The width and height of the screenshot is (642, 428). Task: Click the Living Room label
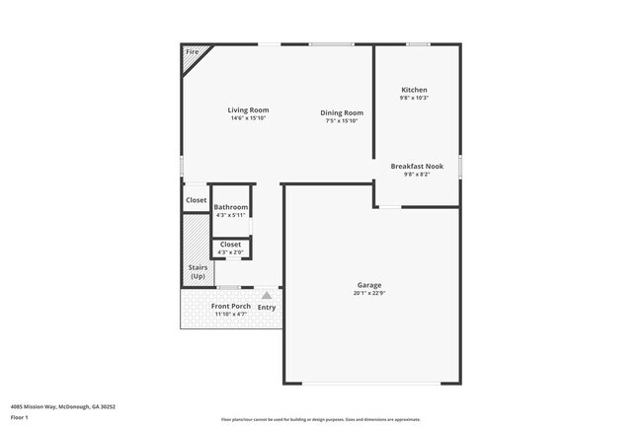(x=248, y=110)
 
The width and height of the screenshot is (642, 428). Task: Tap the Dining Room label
(x=342, y=113)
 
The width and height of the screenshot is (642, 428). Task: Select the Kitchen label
(x=414, y=90)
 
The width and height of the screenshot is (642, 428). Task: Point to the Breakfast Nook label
(x=417, y=167)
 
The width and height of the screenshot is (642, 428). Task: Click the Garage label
(x=369, y=285)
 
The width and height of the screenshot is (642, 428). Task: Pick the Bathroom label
(x=231, y=207)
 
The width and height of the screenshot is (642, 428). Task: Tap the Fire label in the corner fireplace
(x=192, y=51)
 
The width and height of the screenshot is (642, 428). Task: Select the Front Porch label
(x=230, y=307)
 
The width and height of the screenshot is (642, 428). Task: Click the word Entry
(x=267, y=307)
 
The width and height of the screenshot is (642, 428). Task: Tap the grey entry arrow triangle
(x=267, y=295)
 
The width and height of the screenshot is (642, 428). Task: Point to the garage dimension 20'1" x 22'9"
(x=369, y=294)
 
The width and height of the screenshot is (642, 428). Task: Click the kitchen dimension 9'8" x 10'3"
(x=414, y=98)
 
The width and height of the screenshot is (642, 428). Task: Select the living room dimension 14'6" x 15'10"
(x=248, y=118)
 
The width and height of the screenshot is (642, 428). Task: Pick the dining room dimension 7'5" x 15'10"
(x=342, y=121)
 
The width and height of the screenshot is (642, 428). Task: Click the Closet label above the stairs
(x=196, y=200)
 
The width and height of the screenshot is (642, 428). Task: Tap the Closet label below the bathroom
(x=230, y=245)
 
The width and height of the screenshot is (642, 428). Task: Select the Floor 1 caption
(x=18, y=417)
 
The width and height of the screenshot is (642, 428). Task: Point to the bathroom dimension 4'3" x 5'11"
(x=231, y=215)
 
